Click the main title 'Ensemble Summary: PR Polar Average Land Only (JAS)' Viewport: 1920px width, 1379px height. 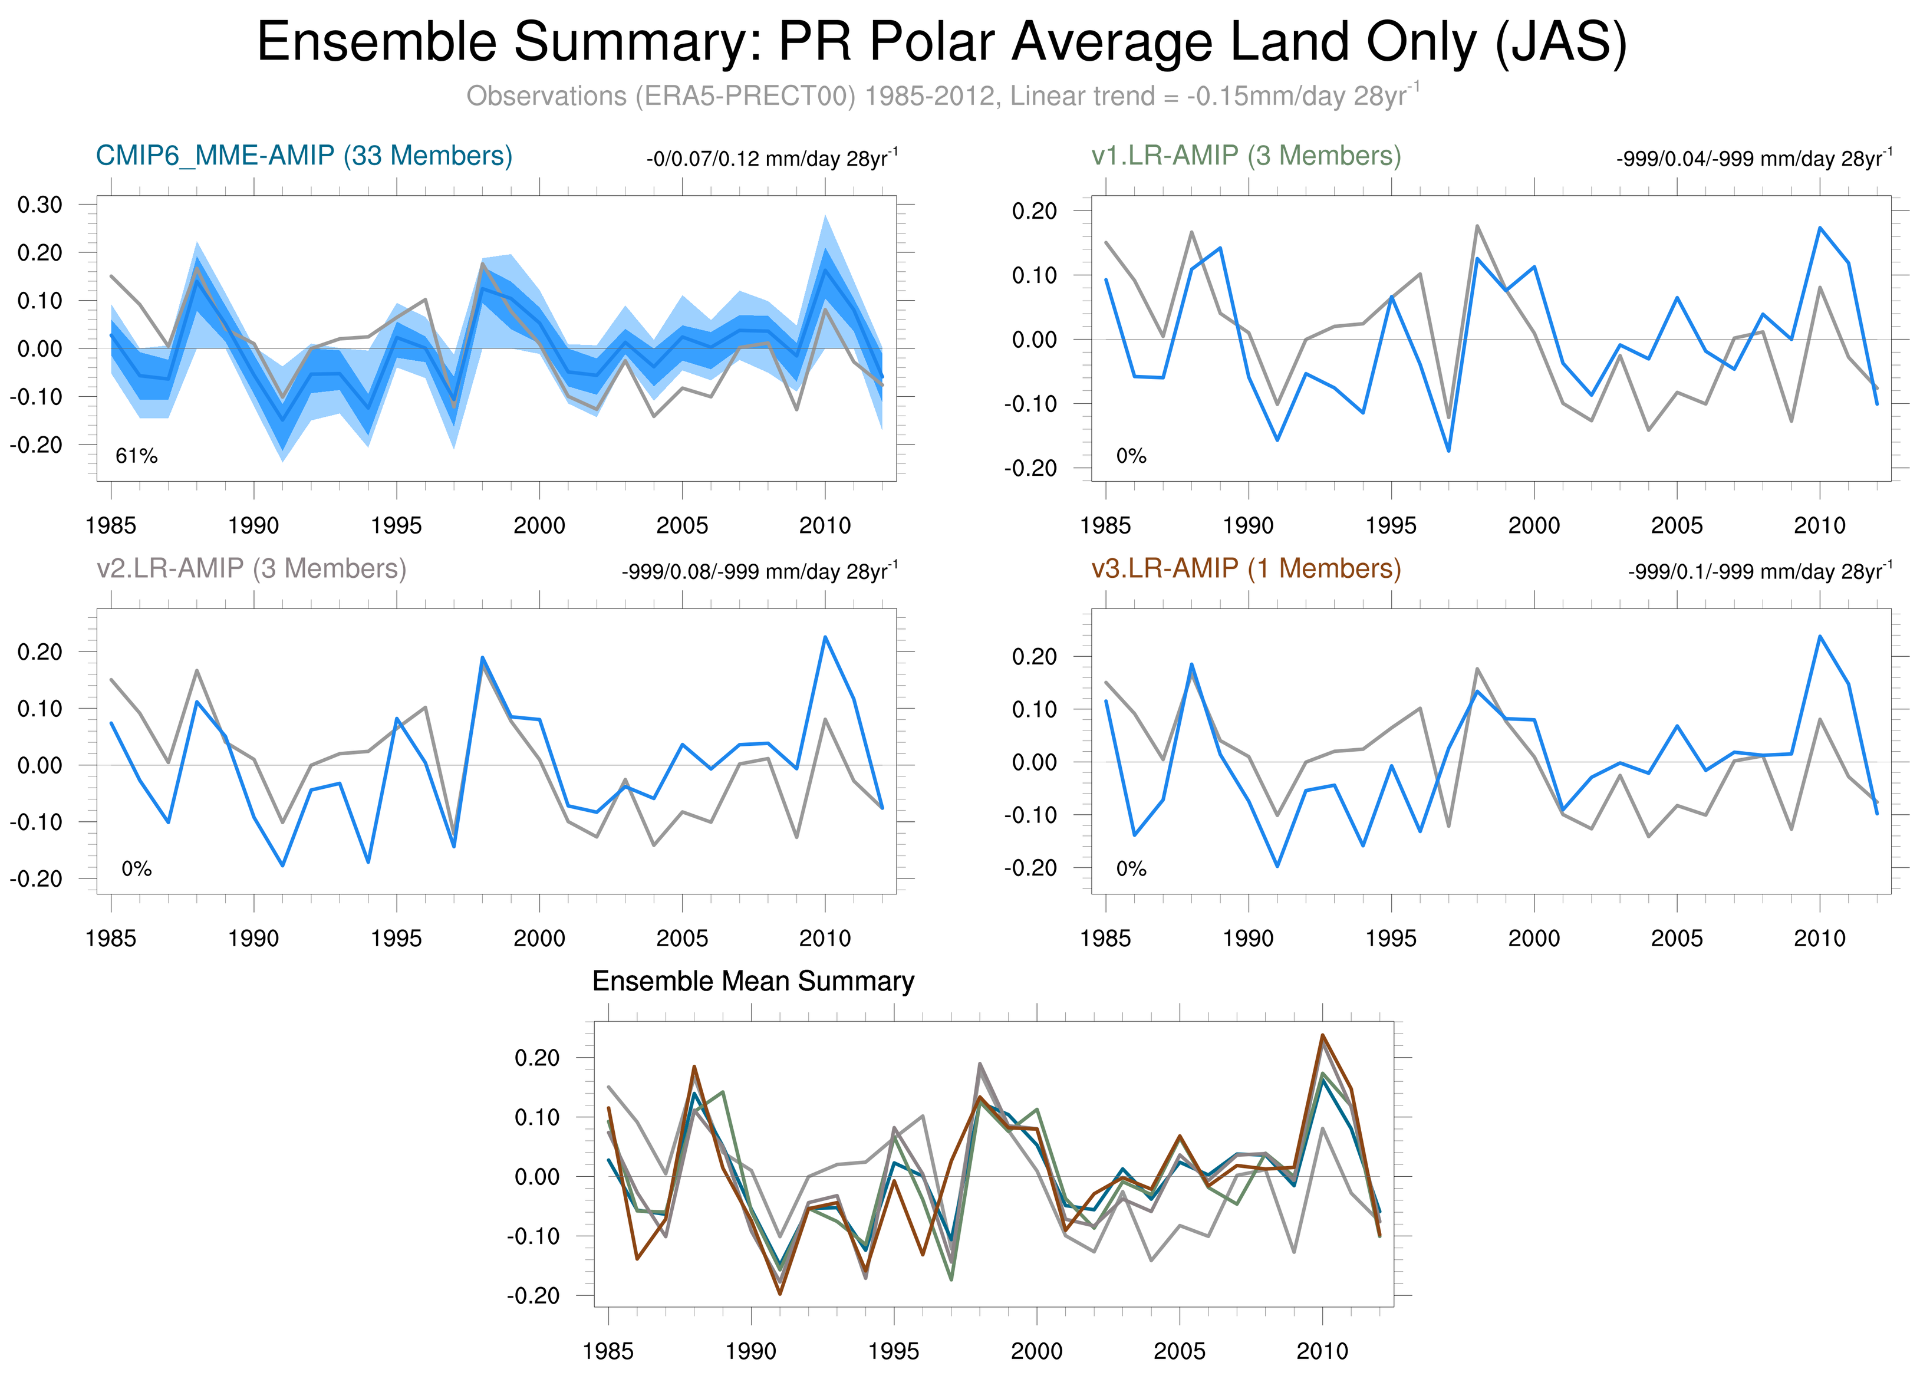coord(941,42)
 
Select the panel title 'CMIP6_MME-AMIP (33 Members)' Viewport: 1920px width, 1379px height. coord(304,156)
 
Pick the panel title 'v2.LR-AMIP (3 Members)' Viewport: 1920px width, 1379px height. coord(252,568)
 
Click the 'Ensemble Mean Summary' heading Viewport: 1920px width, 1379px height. coord(753,981)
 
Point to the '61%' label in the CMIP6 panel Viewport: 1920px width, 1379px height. coord(136,456)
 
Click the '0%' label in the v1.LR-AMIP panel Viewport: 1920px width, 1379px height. coord(1131,456)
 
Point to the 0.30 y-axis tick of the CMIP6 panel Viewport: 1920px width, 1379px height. coord(39,205)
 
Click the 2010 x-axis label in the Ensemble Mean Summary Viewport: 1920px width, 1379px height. coord(1322,1351)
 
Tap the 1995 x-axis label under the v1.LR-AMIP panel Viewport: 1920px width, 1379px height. coord(1391,526)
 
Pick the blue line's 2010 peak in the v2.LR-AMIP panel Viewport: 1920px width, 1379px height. coord(825,637)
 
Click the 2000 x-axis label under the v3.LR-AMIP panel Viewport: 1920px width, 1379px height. coord(1534,938)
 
